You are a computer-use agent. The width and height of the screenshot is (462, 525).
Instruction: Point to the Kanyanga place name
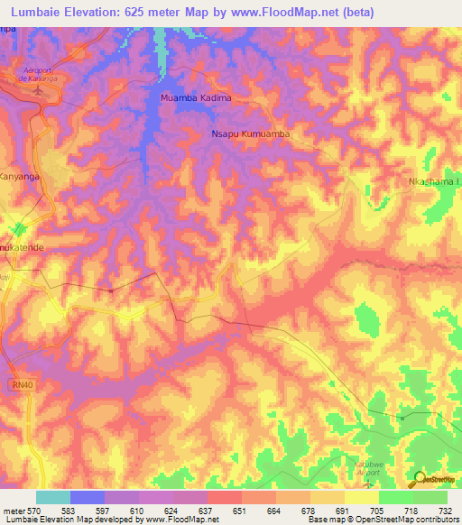point(20,177)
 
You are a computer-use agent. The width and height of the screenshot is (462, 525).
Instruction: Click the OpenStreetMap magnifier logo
point(420,479)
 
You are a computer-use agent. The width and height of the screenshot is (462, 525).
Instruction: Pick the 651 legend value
point(240,510)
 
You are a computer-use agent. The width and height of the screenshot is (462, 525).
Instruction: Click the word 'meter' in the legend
point(13,510)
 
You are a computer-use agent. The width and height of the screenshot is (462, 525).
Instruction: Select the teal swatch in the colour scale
point(52,497)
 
